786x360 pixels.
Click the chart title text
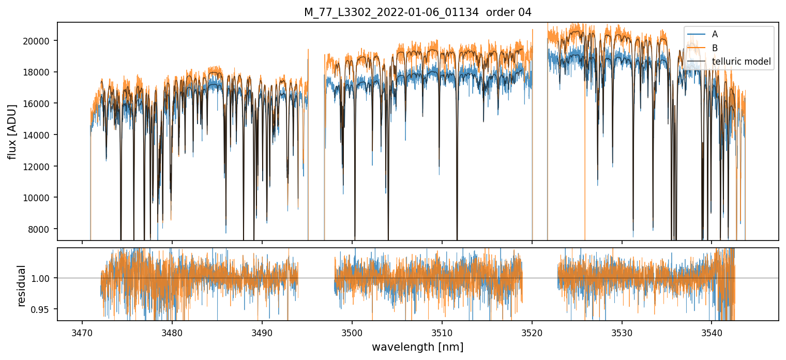[x=418, y=12]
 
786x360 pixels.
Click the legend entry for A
[x=715, y=34]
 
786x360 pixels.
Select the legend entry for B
[x=715, y=48]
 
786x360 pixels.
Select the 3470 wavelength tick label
[x=82, y=332]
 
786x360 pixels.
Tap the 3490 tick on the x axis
[x=262, y=332]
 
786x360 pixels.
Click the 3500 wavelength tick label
[x=352, y=332]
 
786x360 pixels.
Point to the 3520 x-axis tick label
[x=532, y=332]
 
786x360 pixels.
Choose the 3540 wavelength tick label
[x=712, y=332]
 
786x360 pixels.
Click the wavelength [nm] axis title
[x=418, y=347]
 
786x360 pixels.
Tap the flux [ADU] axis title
[x=12, y=131]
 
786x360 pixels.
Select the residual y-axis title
[x=21, y=285]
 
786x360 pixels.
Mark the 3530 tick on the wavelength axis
[x=622, y=332]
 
